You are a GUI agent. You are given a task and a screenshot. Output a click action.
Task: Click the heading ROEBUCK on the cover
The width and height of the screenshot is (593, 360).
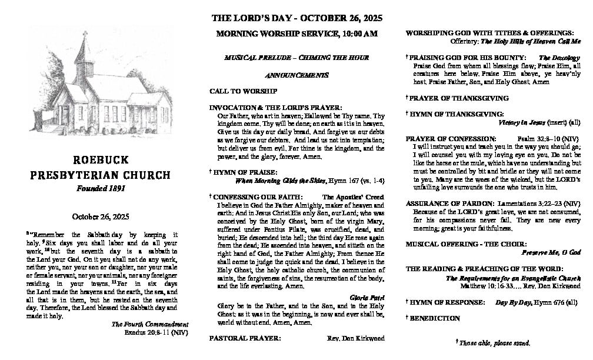tap(102, 160)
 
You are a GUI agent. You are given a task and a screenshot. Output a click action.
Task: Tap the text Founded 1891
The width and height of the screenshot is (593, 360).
tap(102, 189)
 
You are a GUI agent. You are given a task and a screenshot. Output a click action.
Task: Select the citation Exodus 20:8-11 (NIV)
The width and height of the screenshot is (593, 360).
tap(156, 332)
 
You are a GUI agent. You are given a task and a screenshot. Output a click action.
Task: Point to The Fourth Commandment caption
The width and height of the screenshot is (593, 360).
tap(150, 325)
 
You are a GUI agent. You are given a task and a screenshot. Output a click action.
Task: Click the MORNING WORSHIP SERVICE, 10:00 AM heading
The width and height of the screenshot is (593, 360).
tap(296, 34)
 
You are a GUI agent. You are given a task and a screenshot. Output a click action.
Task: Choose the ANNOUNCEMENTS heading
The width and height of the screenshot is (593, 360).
tap(296, 76)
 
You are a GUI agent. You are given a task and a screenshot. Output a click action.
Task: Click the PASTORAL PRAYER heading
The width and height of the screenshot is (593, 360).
tap(245, 338)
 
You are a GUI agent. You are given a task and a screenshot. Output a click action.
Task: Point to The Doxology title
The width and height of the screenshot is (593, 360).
tap(559, 58)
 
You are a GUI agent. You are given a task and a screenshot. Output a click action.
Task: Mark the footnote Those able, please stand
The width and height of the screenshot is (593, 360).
tap(494, 342)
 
